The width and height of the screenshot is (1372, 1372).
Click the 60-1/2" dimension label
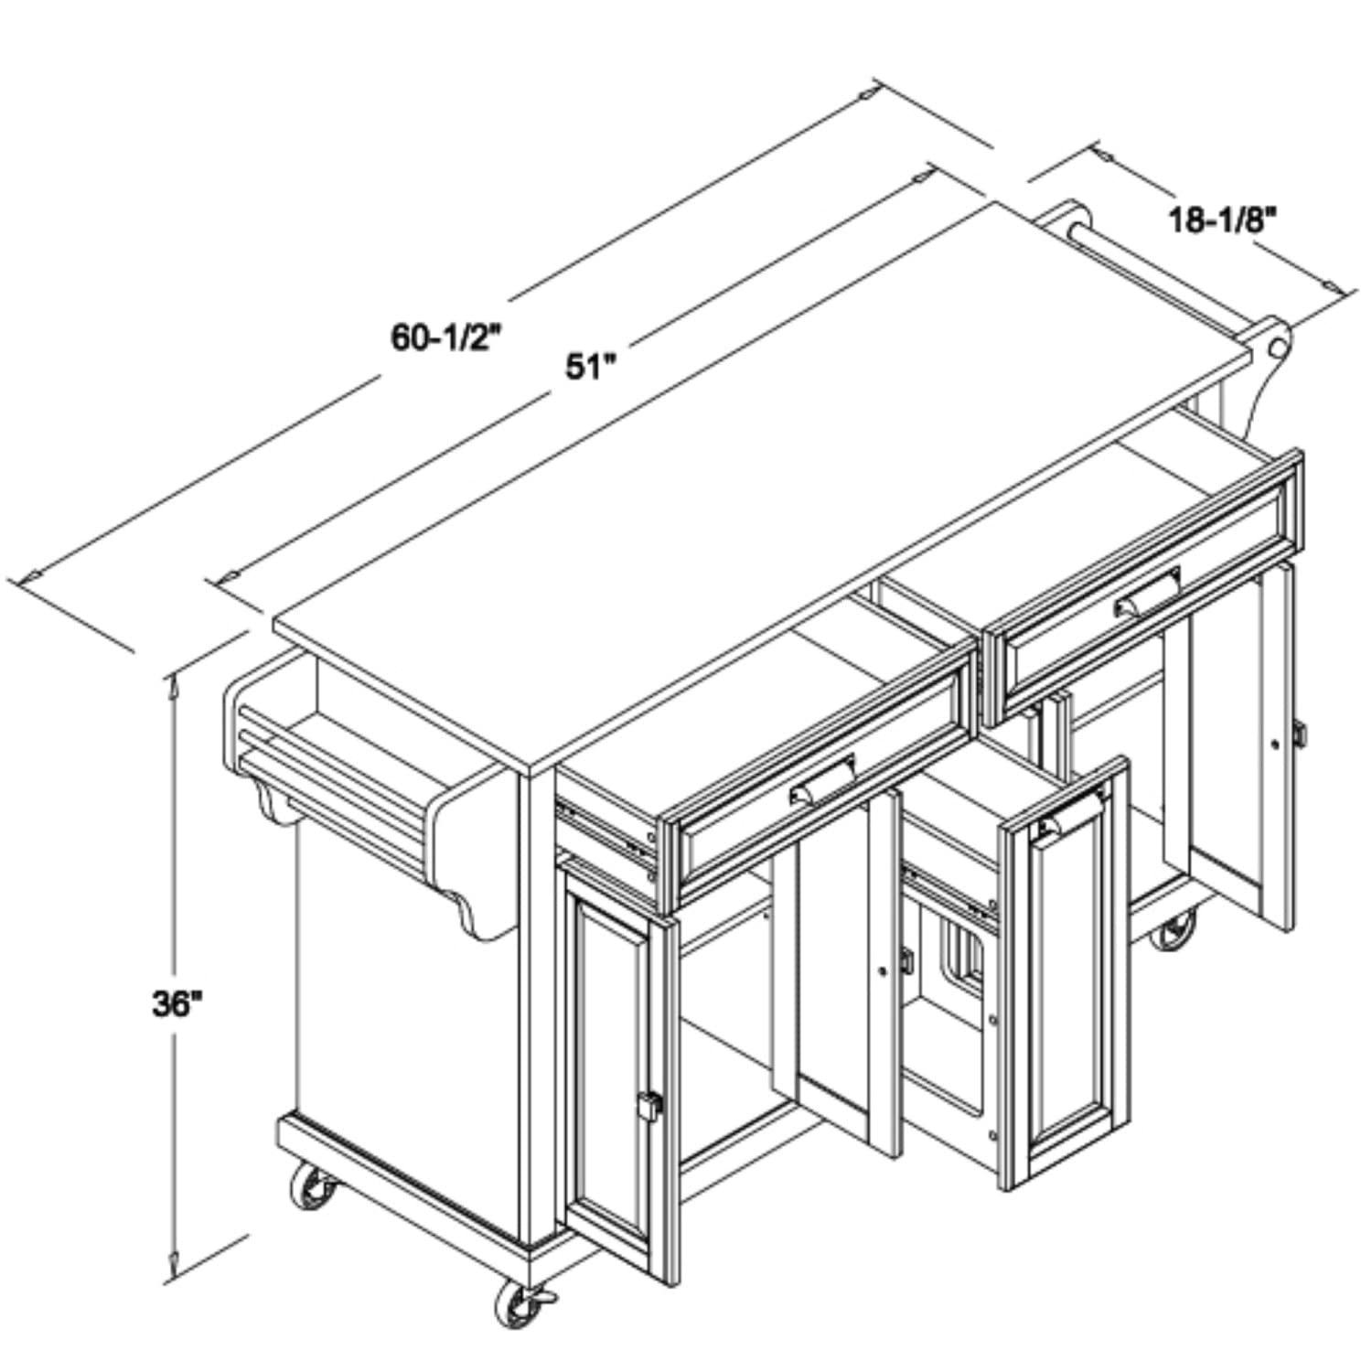448,338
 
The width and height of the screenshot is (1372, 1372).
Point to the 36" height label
177,1004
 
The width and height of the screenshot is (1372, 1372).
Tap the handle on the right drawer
1147,595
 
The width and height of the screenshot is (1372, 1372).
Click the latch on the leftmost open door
648,1106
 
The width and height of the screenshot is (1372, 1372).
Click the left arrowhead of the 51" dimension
228,575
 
